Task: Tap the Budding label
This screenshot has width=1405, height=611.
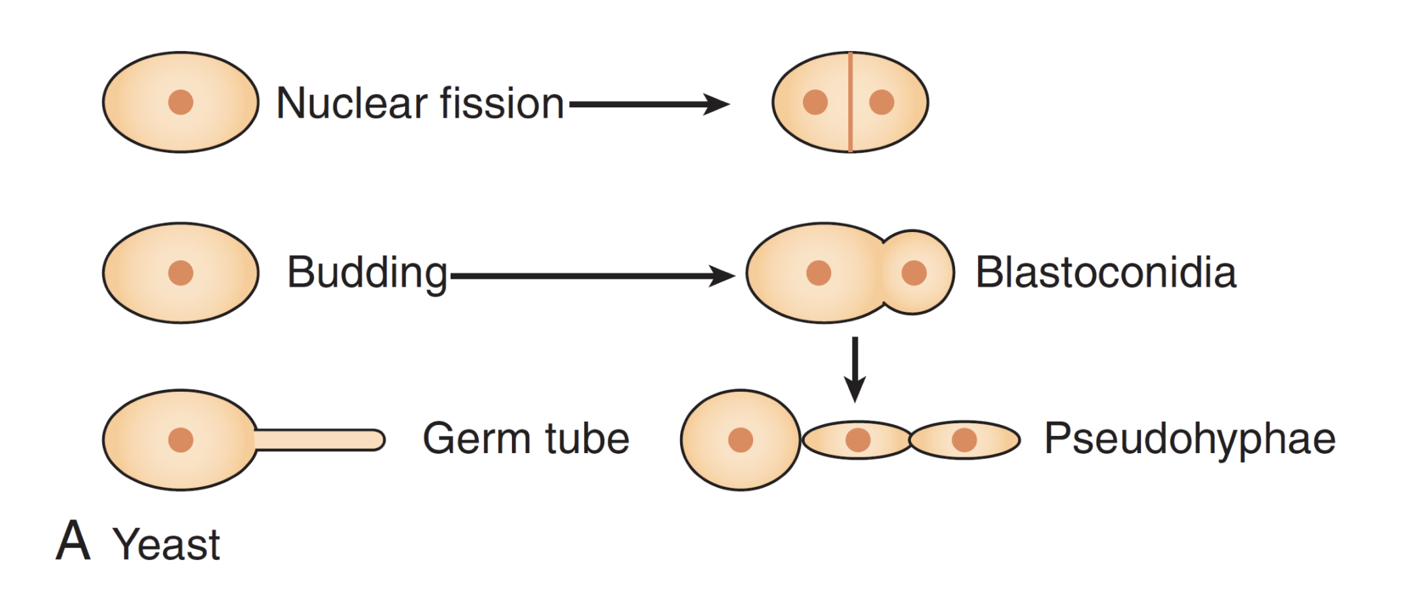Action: click(367, 273)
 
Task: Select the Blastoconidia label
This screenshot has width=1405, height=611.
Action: click(1105, 273)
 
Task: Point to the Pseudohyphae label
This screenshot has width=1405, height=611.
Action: click(1190, 439)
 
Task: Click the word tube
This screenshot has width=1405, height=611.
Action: click(587, 439)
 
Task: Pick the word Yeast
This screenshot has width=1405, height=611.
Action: click(166, 545)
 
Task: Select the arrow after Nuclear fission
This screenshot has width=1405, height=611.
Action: click(649, 104)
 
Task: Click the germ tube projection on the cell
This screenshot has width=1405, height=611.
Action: click(320, 440)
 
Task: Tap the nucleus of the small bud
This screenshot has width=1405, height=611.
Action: click(914, 272)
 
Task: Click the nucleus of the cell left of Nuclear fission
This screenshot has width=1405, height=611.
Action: click(181, 102)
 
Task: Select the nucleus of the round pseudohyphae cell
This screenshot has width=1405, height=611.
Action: click(740, 440)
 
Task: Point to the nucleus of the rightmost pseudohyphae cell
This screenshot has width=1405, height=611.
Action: click(964, 440)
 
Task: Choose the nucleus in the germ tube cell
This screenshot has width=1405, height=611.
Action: click(181, 440)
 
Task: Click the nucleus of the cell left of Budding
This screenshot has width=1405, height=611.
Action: click(181, 272)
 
